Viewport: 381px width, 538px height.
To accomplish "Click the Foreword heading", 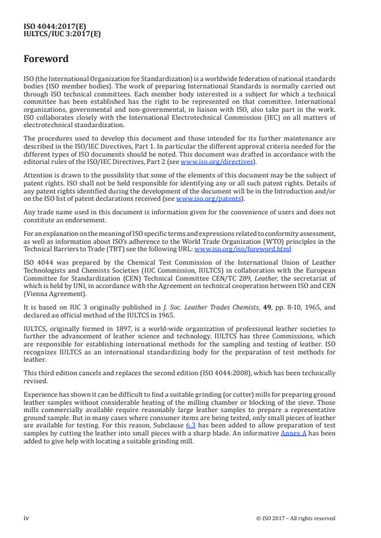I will click(46, 60).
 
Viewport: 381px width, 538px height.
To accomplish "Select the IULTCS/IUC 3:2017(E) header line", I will click(62, 34).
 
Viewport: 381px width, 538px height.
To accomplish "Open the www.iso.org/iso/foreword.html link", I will click(243, 249).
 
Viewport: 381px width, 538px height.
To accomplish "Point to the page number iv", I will click(26, 518).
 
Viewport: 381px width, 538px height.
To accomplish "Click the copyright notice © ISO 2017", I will click(296, 518).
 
